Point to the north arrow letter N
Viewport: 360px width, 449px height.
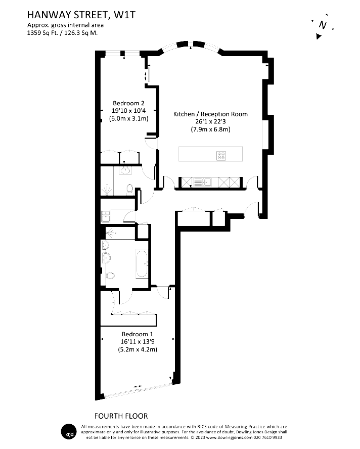[323, 25]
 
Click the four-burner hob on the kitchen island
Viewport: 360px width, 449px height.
[221, 156]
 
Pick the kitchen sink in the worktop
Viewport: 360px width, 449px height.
[202, 182]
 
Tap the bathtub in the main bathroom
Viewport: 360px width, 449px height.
[142, 264]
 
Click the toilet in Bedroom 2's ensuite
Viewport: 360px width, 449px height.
[130, 189]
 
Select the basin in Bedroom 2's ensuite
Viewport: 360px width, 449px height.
[125, 170]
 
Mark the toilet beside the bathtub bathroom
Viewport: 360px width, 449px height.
[110, 276]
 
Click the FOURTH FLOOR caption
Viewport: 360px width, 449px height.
[121, 416]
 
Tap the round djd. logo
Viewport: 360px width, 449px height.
[69, 431]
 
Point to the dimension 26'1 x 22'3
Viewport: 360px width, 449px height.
[210, 121]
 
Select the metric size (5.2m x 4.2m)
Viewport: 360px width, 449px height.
[138, 349]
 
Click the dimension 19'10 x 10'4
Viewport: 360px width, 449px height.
[128, 111]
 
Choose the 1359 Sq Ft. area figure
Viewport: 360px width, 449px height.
[42, 33]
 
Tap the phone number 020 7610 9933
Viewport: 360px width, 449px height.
[268, 437]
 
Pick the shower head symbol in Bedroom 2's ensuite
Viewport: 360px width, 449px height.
[107, 190]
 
